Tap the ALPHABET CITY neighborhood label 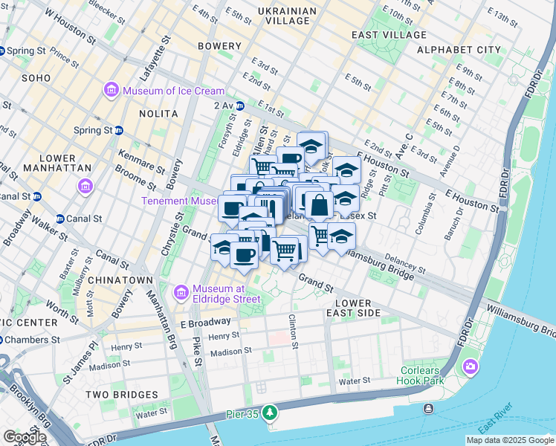[x=459, y=50]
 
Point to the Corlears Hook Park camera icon [x=470, y=366]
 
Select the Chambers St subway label [x=31, y=340]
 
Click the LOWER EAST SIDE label [x=359, y=308]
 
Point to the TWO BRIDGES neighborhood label [x=122, y=395]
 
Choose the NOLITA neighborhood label [x=158, y=114]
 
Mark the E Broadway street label [x=205, y=323]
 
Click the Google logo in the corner [x=25, y=437]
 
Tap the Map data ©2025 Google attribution [x=509, y=440]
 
